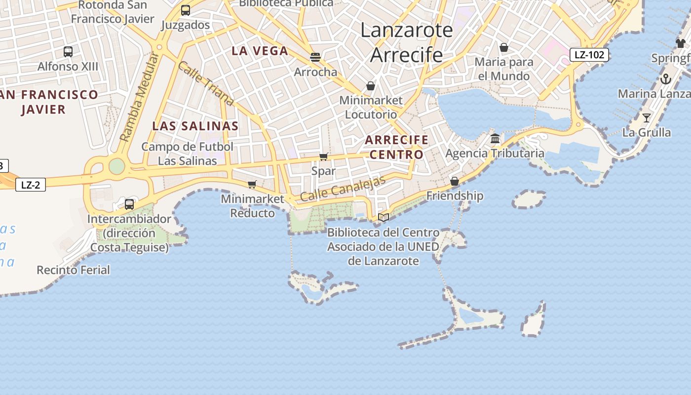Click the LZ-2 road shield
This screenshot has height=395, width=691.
31,185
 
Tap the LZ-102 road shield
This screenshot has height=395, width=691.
589,54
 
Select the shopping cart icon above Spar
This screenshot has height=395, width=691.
324,157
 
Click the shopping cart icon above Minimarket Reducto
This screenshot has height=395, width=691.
252,185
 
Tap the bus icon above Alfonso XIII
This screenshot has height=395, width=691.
68,51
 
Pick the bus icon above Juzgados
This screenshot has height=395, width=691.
186,10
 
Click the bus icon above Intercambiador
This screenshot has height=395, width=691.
129,204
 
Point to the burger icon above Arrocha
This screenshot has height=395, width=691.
315,57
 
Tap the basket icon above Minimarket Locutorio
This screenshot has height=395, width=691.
371,86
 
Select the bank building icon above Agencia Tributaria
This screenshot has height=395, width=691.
495,139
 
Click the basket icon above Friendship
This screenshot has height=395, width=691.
455,181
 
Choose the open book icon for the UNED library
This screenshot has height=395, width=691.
384,217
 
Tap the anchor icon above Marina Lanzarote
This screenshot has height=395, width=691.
666,79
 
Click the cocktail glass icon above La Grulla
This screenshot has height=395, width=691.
647,118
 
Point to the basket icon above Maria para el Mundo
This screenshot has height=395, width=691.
504,47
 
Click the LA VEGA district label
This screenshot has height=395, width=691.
260,51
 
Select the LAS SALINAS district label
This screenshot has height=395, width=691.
195,126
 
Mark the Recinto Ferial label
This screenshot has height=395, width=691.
74,270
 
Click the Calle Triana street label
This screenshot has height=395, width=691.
206,83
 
